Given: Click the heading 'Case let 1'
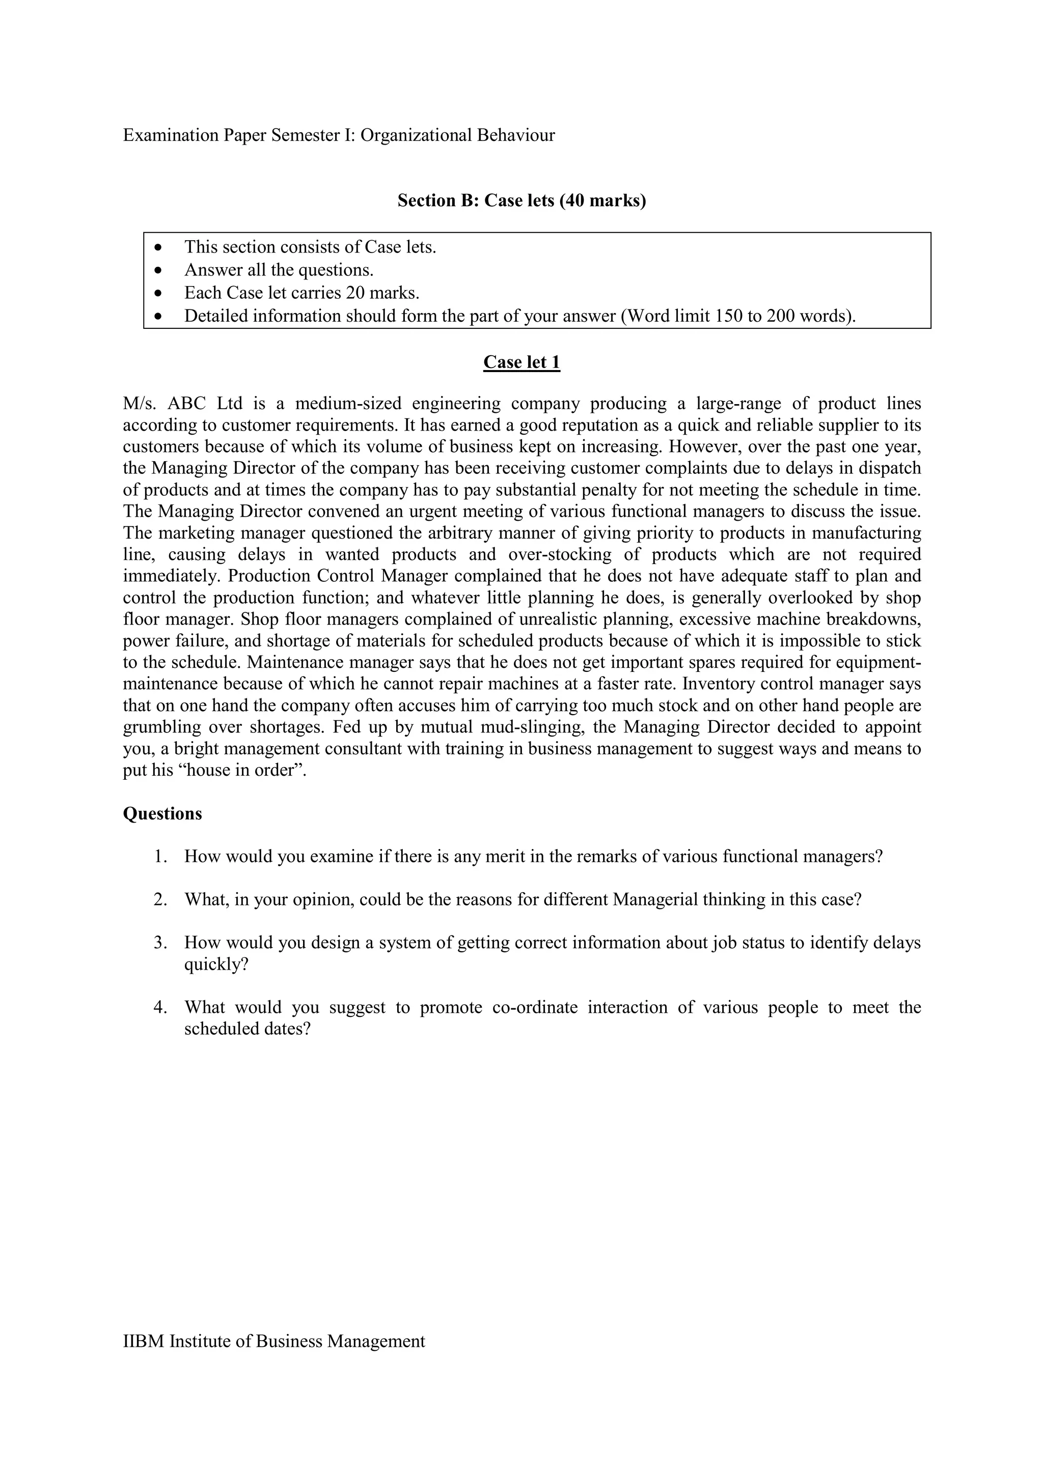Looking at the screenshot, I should click(x=521, y=362).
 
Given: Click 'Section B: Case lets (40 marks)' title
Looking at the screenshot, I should click(x=521, y=201).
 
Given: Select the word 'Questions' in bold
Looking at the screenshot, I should click(x=162, y=813).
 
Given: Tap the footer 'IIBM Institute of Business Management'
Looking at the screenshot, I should click(x=274, y=1341).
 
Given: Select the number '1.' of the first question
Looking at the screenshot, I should click(x=160, y=857).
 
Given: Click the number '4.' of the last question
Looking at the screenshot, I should click(x=160, y=1007).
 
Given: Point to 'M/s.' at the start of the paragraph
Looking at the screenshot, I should click(x=140, y=404).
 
